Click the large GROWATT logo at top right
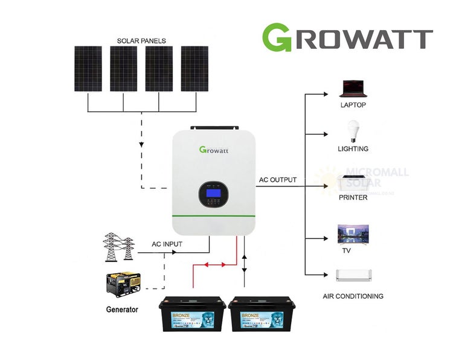pyautogui.click(x=347, y=37)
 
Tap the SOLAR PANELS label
pyautogui.click(x=141, y=41)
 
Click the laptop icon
pyautogui.click(x=353, y=89)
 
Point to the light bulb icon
pyautogui.click(x=353, y=132)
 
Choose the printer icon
pyautogui.click(x=353, y=182)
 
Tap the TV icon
pyautogui.click(x=353, y=233)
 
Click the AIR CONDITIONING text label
pyautogui.click(x=353, y=296)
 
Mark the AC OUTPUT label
pyautogui.click(x=278, y=180)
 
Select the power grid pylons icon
pyautogui.click(x=118, y=246)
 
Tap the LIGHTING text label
pyautogui.click(x=353, y=148)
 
